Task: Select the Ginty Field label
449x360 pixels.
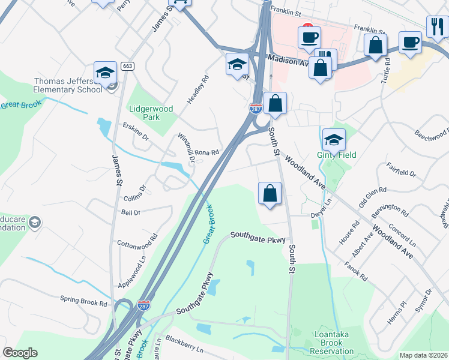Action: tap(336, 155)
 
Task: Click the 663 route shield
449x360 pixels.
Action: tap(127, 66)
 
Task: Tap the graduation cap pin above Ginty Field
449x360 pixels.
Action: tap(334, 140)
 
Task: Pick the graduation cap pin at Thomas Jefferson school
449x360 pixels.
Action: tap(105, 72)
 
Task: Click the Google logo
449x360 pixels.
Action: tap(20, 353)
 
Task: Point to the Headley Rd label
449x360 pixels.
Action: tap(197, 90)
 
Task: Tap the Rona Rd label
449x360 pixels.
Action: tap(206, 153)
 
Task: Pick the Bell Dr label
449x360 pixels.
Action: tap(130, 212)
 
